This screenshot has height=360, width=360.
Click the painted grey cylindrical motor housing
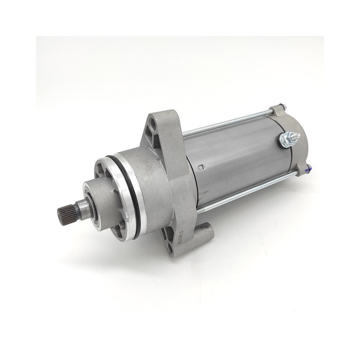pyautogui.click(x=238, y=155)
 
